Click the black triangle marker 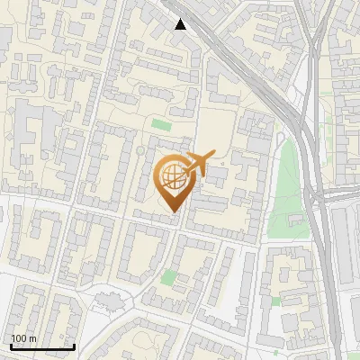click(x=181, y=23)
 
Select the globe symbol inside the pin click(x=175, y=179)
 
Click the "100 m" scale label click(x=24, y=338)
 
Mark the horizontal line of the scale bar click(x=42, y=346)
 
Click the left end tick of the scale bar click(x=12, y=345)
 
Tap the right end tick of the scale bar click(x=74, y=345)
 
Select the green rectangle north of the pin click(x=160, y=124)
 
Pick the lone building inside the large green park click(x=294, y=219)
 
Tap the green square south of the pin click(x=168, y=276)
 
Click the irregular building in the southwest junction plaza click(x=110, y=296)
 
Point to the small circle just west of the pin click(x=139, y=150)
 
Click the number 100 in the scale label click(x=20, y=338)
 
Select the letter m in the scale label click(x=33, y=338)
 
